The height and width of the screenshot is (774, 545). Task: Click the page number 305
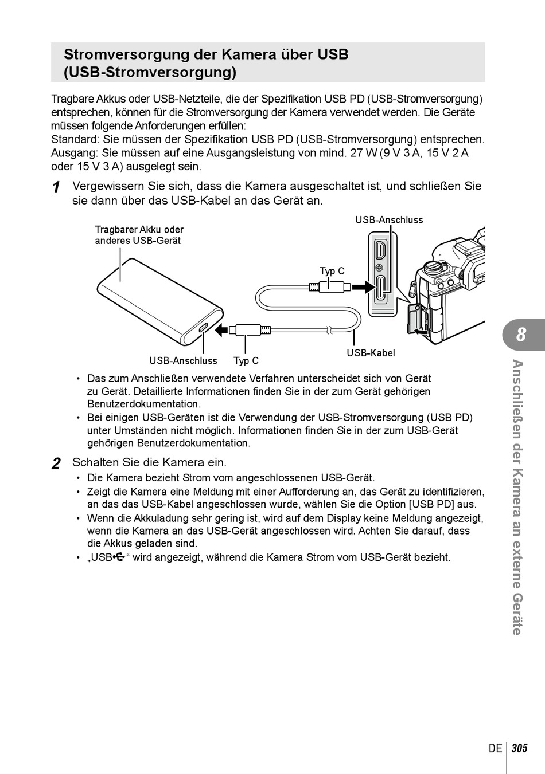[519, 748]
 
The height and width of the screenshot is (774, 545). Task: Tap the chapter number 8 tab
[521, 335]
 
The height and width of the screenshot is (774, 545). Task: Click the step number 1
[56, 187]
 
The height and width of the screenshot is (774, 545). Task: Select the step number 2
[56, 463]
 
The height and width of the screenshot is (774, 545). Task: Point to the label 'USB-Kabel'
[371, 353]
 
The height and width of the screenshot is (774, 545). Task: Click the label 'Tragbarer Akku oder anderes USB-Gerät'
[139, 235]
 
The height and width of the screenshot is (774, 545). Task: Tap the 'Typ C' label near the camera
[332, 271]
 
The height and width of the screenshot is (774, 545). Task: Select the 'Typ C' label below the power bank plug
[246, 360]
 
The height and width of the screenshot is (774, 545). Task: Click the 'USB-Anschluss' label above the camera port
[389, 220]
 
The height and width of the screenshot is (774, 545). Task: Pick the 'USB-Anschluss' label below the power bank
[184, 360]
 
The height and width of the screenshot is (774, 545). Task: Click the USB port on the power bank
[203, 328]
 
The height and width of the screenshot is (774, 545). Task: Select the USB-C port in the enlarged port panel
[381, 289]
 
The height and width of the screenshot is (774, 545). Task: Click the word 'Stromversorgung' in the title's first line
[111, 54]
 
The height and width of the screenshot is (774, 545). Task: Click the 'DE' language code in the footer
[495, 748]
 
